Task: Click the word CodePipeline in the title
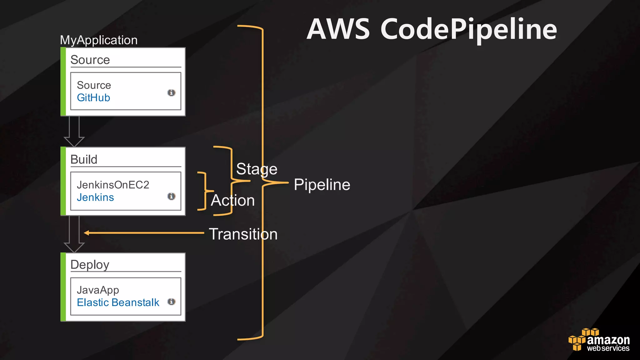(469, 30)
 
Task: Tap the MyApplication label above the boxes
(99, 40)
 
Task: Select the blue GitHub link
(93, 98)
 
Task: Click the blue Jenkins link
(95, 197)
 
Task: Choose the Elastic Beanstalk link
(118, 302)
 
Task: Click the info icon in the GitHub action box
(171, 93)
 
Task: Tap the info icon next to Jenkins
(171, 196)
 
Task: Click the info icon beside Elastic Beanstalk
(171, 302)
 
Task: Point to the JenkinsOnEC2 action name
(113, 185)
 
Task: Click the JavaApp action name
(98, 290)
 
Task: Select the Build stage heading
(84, 159)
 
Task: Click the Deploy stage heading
(90, 265)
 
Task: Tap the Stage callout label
(257, 169)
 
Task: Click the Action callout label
(233, 200)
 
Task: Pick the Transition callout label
(243, 234)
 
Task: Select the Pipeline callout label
(322, 184)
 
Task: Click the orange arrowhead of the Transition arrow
(87, 233)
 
